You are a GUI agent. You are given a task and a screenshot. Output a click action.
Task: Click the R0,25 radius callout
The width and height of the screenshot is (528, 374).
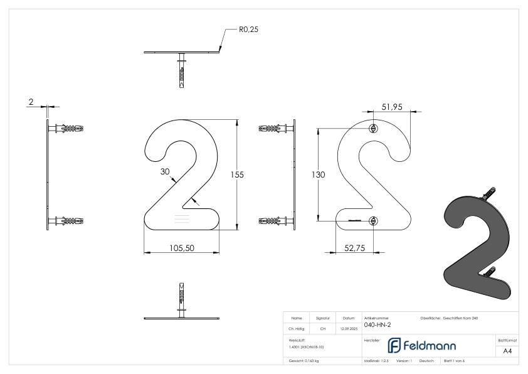248,29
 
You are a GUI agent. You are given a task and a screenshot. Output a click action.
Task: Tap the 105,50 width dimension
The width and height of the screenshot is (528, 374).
182,248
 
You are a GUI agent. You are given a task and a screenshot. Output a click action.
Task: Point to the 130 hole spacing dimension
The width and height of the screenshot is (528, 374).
319,175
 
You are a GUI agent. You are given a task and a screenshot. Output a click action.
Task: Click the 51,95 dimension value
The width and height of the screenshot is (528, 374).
392,107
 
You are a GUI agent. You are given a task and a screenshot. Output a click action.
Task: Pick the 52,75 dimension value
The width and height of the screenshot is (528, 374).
355,248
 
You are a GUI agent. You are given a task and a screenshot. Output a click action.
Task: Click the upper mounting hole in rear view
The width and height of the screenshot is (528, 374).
374,129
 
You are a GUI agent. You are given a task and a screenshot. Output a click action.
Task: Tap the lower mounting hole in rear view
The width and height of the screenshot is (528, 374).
374,220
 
